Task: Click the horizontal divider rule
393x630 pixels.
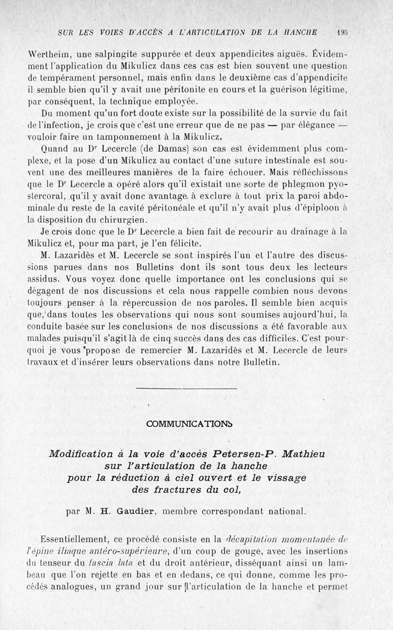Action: (186, 389)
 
